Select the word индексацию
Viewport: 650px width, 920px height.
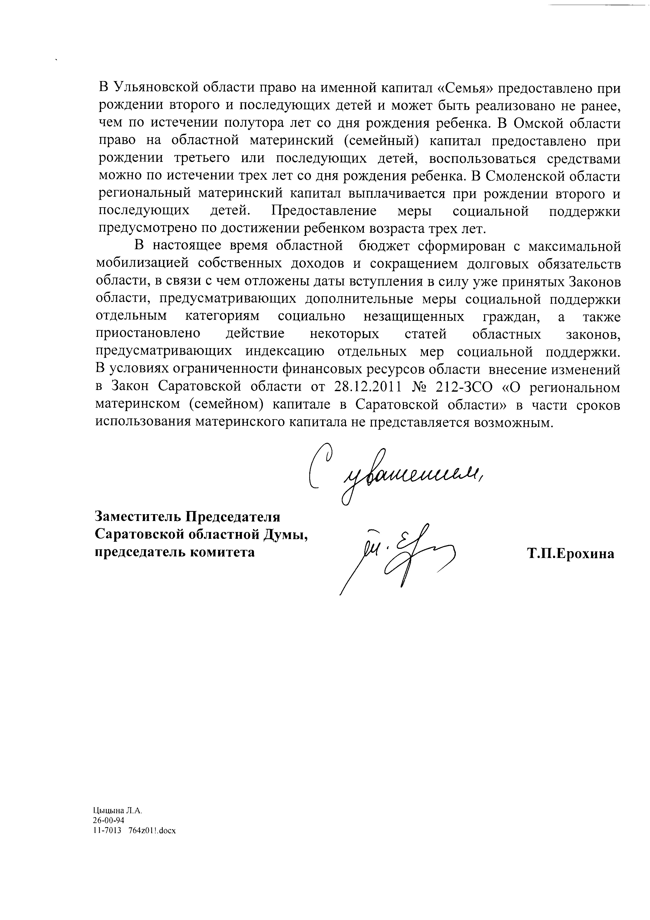point(285,352)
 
